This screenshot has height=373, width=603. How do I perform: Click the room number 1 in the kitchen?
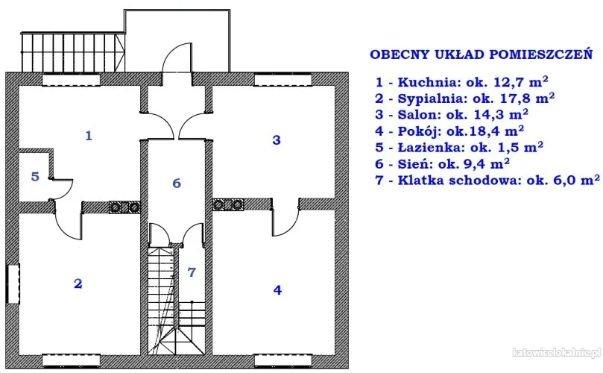[x=89, y=136]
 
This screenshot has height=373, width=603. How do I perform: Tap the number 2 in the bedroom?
[x=78, y=283]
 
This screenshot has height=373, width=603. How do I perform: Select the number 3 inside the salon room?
[x=277, y=140]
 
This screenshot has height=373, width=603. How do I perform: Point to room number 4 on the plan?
[x=278, y=290]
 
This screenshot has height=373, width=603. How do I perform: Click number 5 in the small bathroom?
[x=34, y=177]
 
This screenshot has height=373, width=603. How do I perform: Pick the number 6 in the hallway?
[x=177, y=183]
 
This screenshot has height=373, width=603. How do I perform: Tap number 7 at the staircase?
[x=192, y=272]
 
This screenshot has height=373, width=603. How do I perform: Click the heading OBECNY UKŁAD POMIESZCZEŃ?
[x=481, y=54]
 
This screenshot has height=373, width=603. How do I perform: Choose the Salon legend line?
[x=452, y=114]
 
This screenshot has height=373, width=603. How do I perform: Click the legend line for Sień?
[x=443, y=163]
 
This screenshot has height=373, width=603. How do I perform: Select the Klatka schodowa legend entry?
[x=488, y=179]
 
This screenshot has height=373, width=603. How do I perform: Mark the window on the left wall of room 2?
[x=12, y=283]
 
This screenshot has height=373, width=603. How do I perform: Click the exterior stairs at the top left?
[x=72, y=51]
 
